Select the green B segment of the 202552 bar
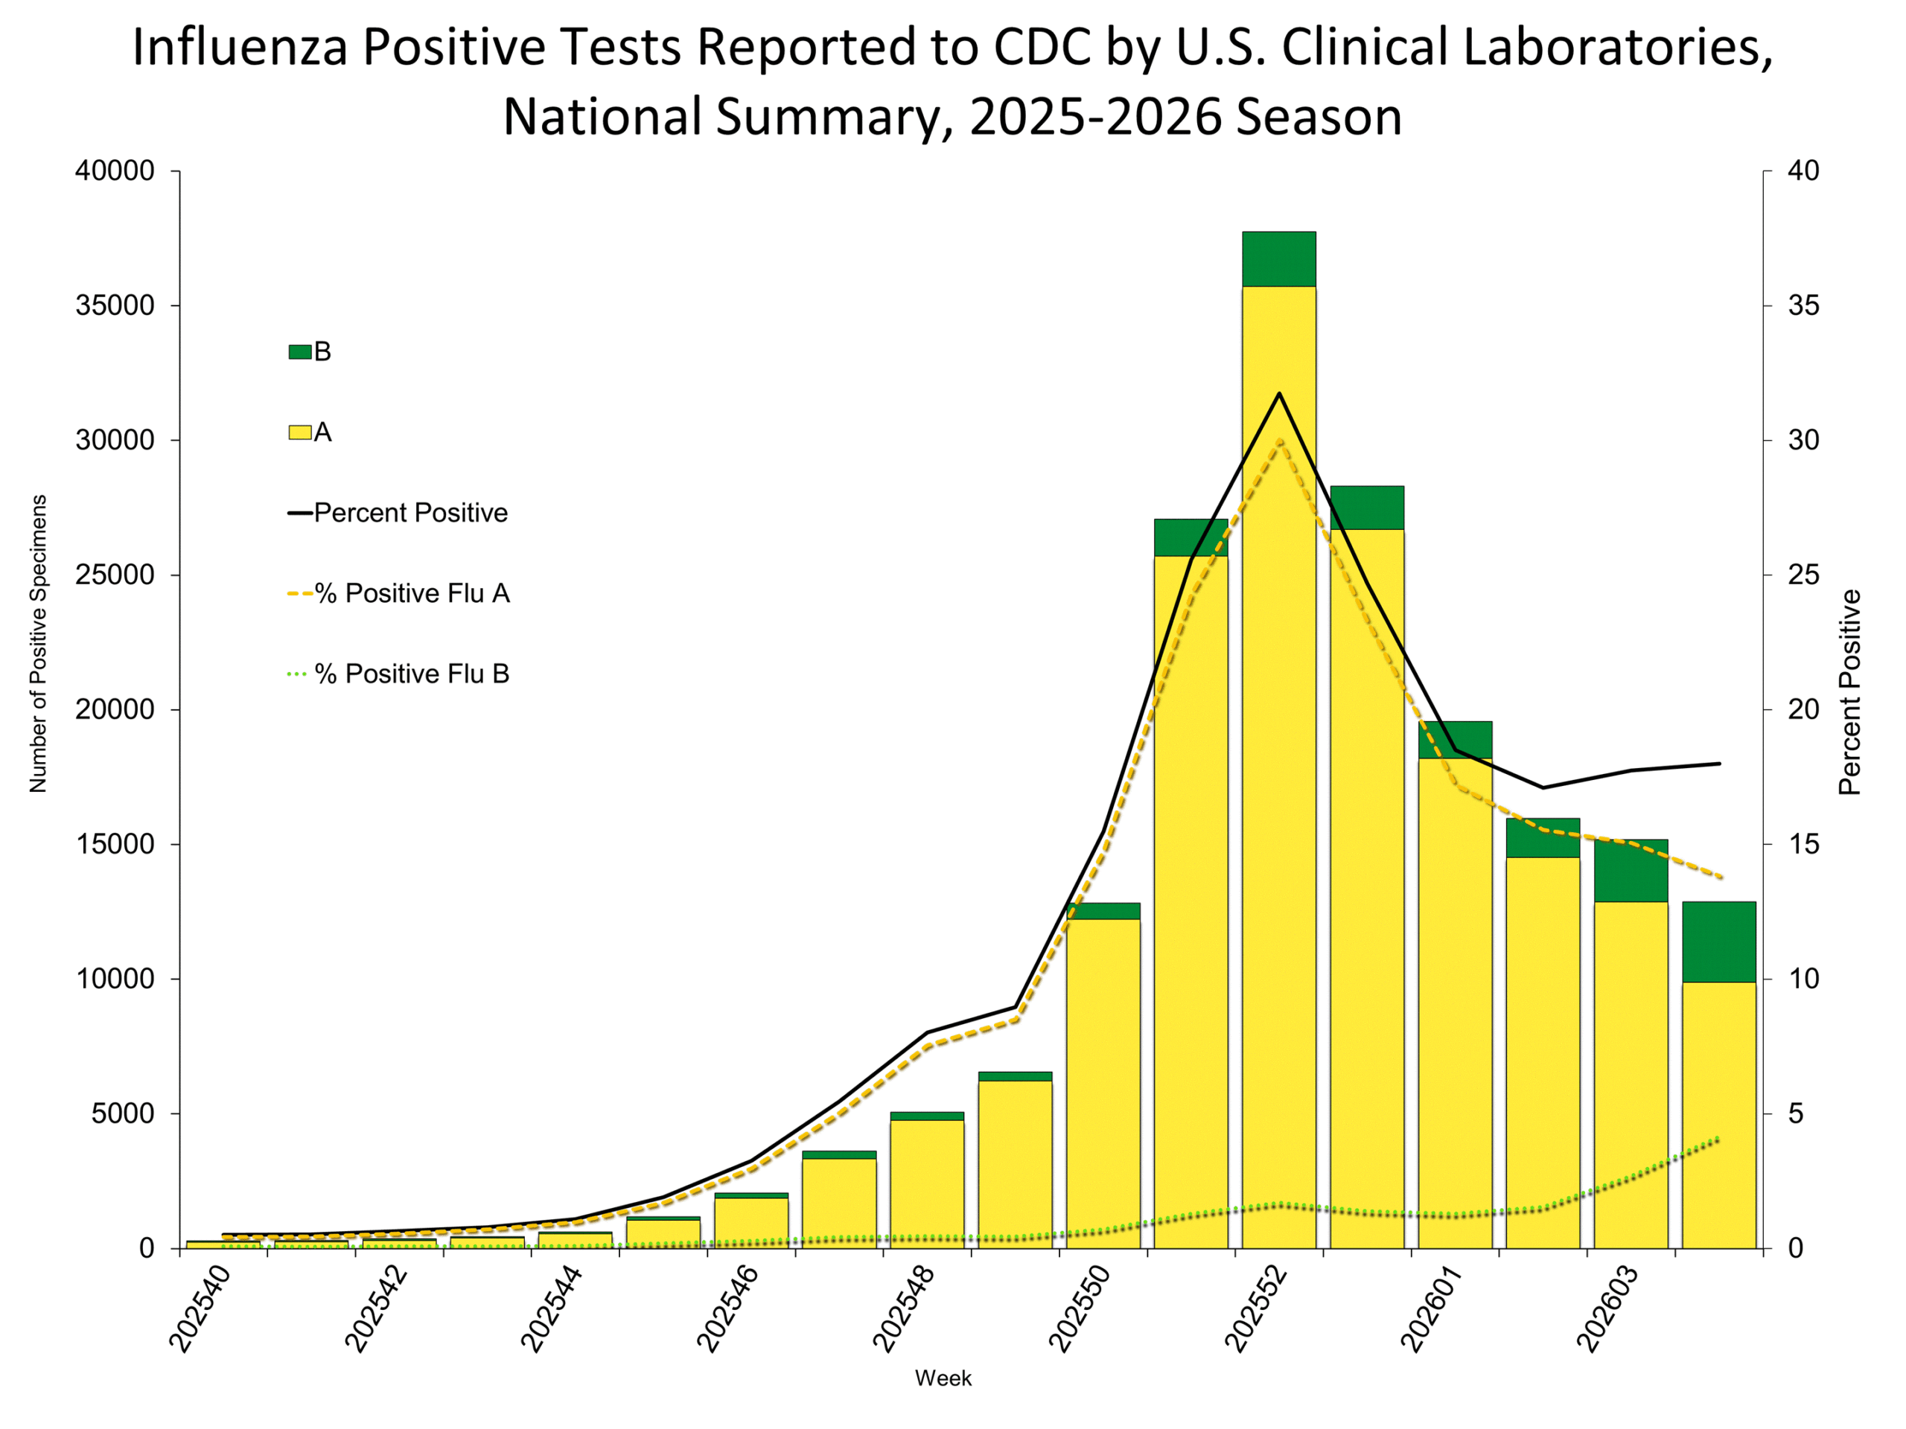1278,258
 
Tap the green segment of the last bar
1719,942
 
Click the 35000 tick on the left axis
115,305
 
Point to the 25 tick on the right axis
1803,575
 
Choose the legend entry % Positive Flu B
411,674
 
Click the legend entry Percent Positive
410,513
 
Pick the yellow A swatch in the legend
300,432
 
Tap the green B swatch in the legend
300,351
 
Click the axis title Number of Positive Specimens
38,644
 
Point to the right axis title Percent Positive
1850,691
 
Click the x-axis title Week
943,1378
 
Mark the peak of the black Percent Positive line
1278,394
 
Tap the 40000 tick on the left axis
115,170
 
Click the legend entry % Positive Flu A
411,593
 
